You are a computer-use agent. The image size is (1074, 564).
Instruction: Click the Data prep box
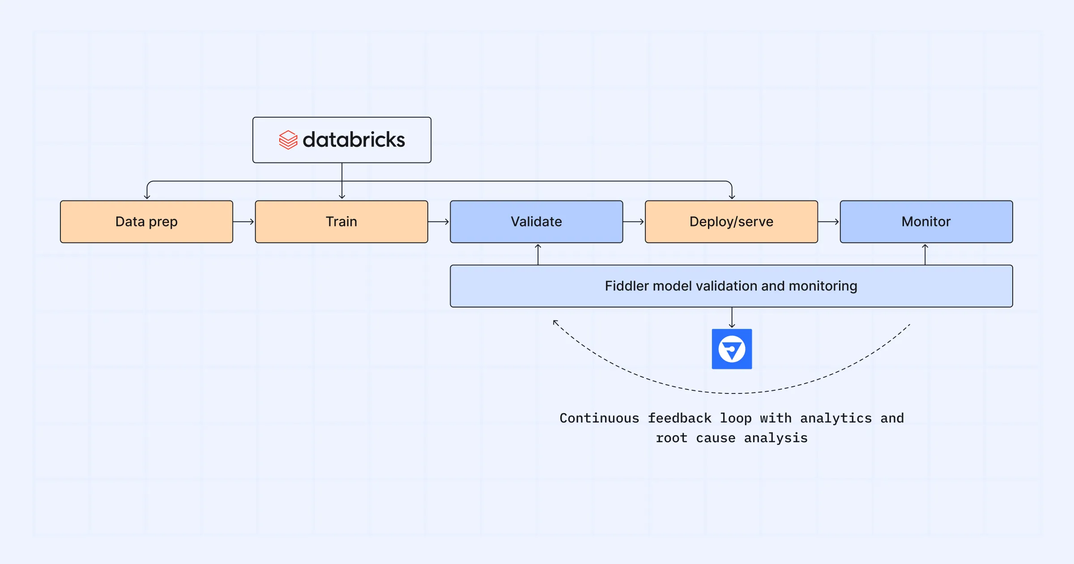[x=146, y=222]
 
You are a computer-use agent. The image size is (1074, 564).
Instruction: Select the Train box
[x=341, y=222]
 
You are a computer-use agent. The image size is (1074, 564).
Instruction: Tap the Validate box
[x=536, y=222]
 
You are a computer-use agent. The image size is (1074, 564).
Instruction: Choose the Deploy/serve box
[x=731, y=222]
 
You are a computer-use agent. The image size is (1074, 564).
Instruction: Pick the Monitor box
[x=926, y=222]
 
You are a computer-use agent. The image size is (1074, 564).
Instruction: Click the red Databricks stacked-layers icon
[x=288, y=140]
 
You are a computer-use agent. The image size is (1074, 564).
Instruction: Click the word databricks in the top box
[x=354, y=140]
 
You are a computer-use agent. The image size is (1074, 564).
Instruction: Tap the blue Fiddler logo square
[x=732, y=349]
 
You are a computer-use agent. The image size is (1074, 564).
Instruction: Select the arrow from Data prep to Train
[x=244, y=222]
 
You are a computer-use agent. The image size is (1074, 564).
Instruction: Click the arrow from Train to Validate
[x=439, y=222]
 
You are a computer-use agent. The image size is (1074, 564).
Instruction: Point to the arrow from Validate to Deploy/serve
[x=634, y=222]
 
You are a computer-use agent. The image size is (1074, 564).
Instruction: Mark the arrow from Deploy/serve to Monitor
[x=829, y=222]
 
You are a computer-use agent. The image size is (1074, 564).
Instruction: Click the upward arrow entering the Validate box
[x=538, y=254]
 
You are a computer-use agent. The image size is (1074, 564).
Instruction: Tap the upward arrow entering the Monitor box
[x=925, y=254]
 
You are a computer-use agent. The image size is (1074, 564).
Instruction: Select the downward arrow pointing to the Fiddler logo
[x=732, y=318]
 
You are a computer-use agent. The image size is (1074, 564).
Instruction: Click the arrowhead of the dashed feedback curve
[x=555, y=322]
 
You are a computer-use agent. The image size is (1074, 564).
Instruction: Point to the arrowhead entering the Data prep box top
[x=147, y=196]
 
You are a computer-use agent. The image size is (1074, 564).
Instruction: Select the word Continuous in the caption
[x=599, y=418]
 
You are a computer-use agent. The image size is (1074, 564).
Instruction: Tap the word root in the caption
[x=671, y=438]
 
